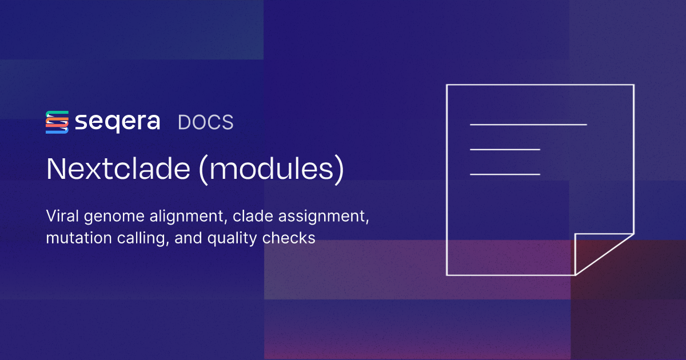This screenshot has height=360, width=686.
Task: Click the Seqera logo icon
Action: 57,122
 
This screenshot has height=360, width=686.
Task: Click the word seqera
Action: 117,122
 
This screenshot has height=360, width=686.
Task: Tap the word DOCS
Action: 205,123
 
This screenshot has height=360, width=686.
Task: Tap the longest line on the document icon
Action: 528,124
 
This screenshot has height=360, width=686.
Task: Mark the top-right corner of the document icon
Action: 633,85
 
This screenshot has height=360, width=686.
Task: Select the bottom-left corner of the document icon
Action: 447,275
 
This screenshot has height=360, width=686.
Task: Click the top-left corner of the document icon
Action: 447,85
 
